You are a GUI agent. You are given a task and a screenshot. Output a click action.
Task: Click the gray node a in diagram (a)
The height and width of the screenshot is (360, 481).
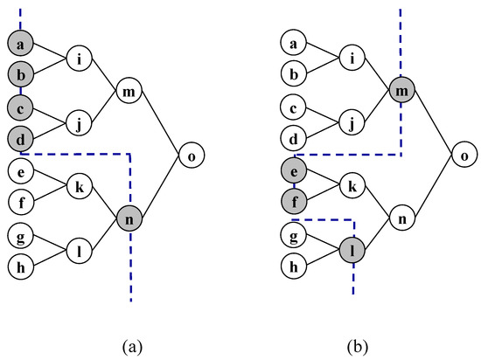click(20, 41)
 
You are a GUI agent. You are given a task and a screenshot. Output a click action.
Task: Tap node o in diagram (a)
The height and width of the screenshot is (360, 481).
click(192, 156)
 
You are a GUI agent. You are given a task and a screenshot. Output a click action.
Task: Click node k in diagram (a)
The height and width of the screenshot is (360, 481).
click(79, 186)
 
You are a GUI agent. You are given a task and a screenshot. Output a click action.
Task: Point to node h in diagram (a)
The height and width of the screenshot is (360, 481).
click(20, 267)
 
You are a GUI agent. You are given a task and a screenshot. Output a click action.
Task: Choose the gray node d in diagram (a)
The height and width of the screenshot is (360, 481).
click(20, 138)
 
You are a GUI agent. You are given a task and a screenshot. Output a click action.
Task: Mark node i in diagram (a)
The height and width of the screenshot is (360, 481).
click(79, 59)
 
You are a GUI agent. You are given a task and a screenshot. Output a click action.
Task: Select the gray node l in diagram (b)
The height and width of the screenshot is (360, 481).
click(352, 251)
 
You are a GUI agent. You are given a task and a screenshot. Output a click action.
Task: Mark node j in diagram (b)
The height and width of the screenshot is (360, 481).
click(352, 123)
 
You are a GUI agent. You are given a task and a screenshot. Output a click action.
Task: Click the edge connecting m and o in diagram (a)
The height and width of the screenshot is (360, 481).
click(161, 124)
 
